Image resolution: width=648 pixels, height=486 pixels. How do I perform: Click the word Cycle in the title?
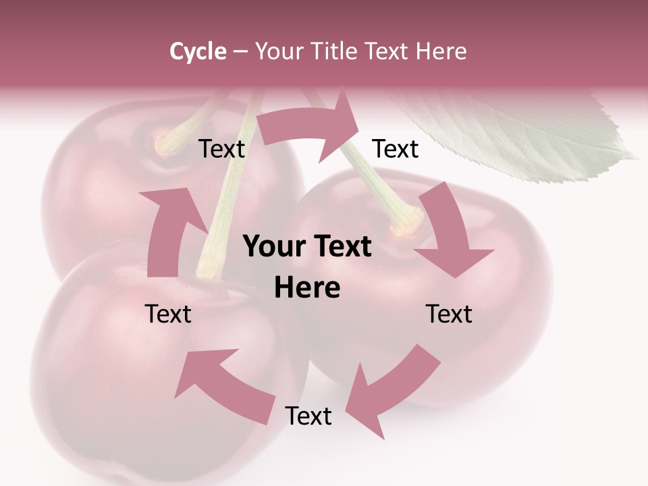click(198, 51)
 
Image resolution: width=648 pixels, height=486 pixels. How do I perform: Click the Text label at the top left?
click(221, 149)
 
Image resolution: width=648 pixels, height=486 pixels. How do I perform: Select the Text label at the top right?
click(396, 148)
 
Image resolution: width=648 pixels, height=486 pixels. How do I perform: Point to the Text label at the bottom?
click(308, 416)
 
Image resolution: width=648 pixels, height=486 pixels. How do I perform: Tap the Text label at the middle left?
click(168, 314)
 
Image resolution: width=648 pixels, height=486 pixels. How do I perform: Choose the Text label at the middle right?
click(449, 314)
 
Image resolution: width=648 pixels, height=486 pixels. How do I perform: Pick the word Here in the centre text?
click(307, 288)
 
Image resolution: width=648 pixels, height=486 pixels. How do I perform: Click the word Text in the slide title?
click(389, 51)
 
